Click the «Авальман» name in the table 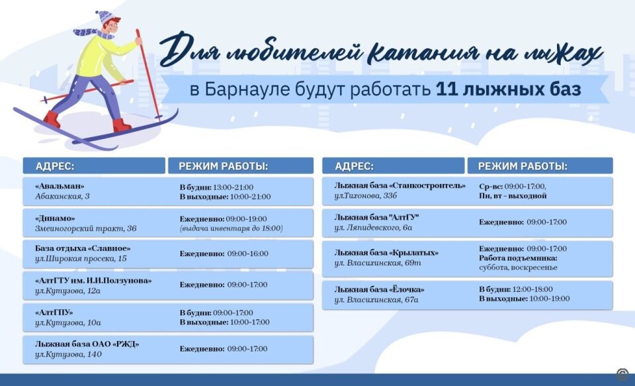tap(60, 186)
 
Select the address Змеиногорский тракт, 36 tap(85, 229)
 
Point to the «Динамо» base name tap(55, 218)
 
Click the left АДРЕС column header tap(54, 166)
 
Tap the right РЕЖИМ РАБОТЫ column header tap(523, 166)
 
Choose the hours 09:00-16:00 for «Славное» tap(247, 254)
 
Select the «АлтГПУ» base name tap(54, 312)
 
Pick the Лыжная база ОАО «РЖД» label tap(87, 344)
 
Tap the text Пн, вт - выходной tap(513, 196)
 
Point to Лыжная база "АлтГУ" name tap(377, 217)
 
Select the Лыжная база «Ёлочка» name tap(379, 289)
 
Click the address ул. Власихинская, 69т tap(378, 264)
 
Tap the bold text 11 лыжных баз tap(508, 90)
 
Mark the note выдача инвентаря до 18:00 tap(232, 228)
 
